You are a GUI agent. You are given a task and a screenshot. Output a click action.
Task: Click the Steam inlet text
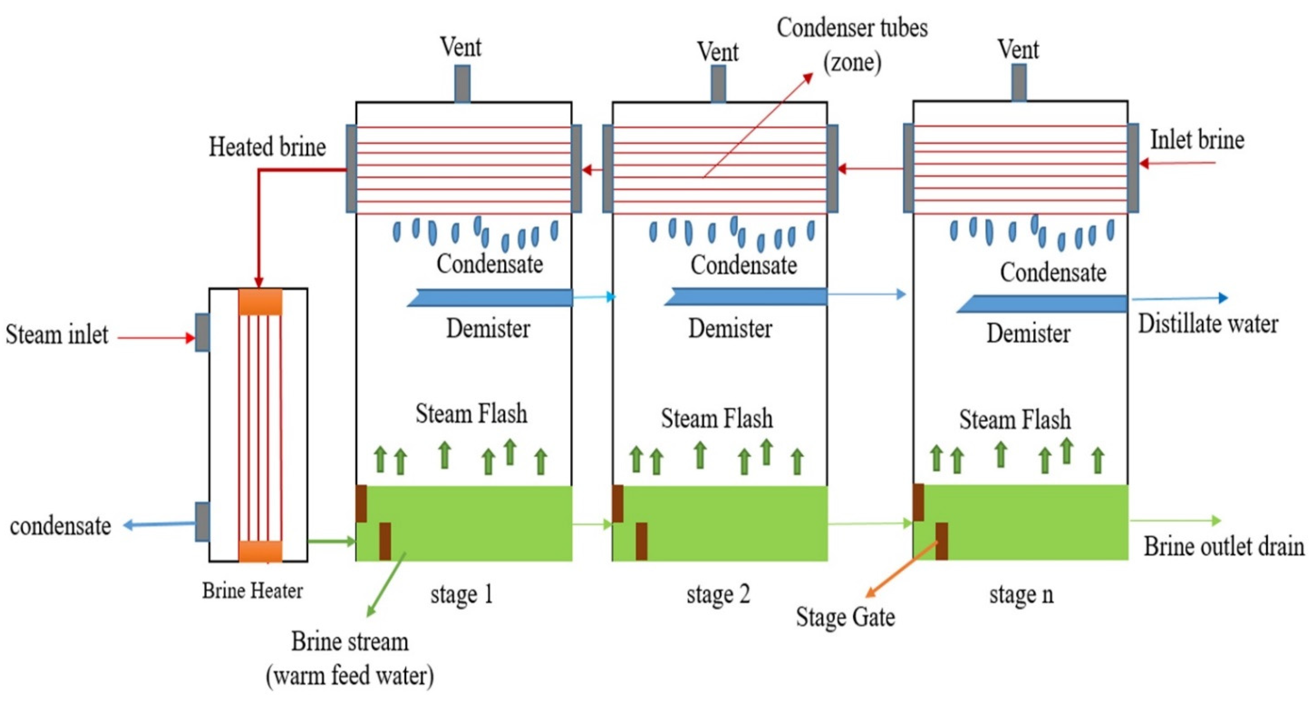click(x=57, y=335)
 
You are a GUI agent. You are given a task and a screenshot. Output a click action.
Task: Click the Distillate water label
click(x=1208, y=324)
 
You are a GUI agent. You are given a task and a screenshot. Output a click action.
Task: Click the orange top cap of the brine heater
click(x=260, y=302)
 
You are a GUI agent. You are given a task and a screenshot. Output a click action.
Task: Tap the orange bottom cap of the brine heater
click(x=260, y=551)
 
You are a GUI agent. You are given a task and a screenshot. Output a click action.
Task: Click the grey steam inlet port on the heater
click(x=202, y=332)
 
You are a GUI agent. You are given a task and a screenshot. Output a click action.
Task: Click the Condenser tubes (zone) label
click(x=852, y=45)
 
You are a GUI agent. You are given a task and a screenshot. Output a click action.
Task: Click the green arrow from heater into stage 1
click(x=331, y=542)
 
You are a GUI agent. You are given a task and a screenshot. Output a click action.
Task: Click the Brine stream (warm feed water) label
click(x=350, y=658)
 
